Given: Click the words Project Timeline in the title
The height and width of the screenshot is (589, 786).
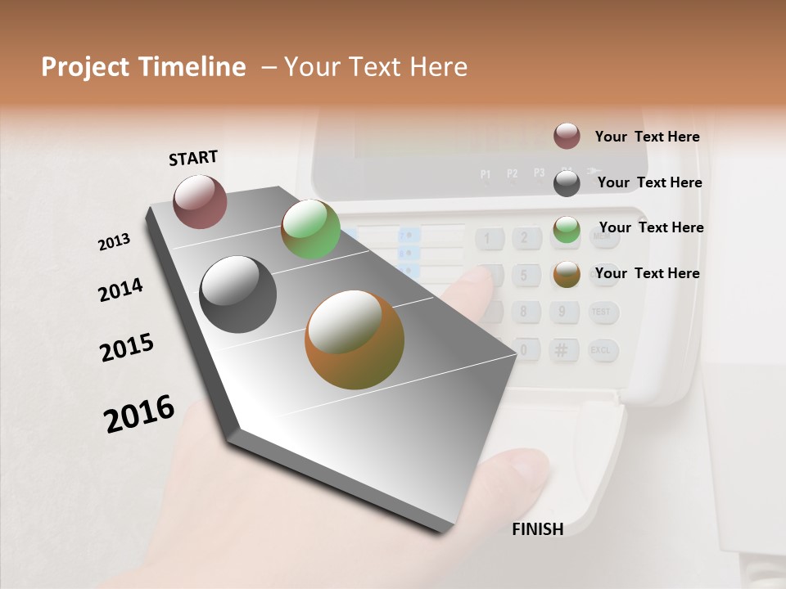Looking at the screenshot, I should pos(143,67).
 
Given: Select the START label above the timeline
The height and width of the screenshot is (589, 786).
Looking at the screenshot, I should pos(193,158).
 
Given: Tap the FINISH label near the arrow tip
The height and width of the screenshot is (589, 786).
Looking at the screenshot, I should pos(537,529).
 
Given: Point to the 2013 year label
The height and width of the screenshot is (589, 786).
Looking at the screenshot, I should pos(114,242).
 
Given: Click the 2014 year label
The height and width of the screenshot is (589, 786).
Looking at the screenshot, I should pos(120,290).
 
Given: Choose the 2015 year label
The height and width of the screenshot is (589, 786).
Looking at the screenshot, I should pos(127,347).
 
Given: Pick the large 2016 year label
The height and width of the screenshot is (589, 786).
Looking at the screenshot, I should pos(139,413).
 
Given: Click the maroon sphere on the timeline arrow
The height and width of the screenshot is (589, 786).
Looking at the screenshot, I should pos(200,201).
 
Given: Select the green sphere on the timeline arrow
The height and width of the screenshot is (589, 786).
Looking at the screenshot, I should pos(310,229).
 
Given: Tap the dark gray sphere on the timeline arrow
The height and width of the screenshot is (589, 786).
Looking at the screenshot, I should pos(238,294).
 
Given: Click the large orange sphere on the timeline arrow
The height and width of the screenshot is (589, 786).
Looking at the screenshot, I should pos(355,339).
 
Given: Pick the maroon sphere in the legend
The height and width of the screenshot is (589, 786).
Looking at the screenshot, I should pos(567,136).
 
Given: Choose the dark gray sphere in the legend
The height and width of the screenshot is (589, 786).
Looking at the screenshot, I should pos(567,182).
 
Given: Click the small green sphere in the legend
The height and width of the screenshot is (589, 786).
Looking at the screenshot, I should pos(567,229).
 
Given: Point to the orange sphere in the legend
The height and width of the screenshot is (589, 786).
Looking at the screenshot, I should pos(567,274).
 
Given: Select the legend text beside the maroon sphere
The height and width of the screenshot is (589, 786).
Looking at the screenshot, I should pos(647,137).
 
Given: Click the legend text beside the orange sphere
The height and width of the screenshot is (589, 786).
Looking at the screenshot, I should pos(647,273).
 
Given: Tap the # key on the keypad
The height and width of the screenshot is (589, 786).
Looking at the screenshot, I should pos(562,350).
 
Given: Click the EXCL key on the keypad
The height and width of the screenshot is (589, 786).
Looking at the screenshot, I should pos(602,350).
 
